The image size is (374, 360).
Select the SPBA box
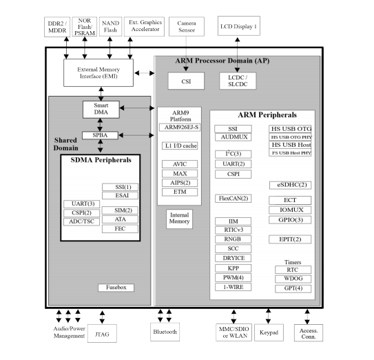[96, 135]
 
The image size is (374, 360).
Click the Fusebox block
[116, 287]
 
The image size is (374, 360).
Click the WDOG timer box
[291, 279]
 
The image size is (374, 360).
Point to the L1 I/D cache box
[179, 147]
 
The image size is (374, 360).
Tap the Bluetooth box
[165, 332]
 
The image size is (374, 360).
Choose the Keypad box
[269, 332]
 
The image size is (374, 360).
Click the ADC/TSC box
[81, 221]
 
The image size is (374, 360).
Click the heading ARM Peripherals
[262, 114]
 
